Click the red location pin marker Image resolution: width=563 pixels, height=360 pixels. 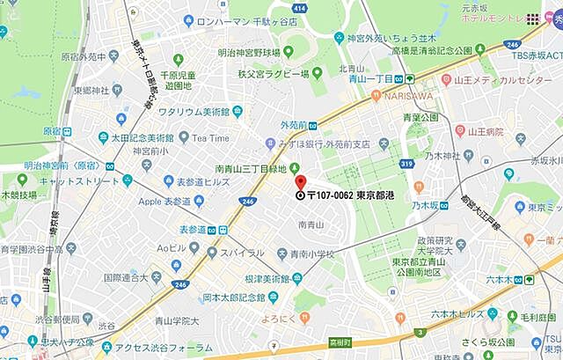click(301, 182)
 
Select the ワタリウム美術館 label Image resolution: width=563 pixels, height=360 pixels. click(194, 112)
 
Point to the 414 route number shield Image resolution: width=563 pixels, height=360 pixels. click(298, 8)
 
